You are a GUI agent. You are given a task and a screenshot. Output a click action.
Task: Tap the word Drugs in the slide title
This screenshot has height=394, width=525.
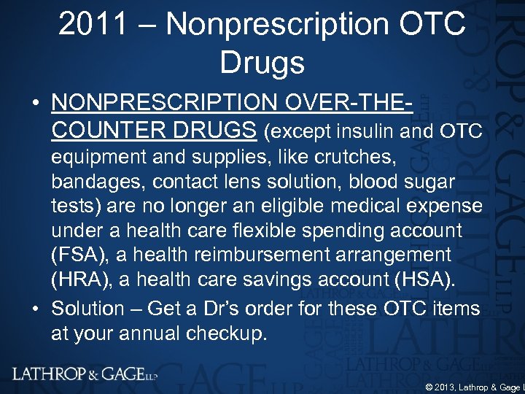(262, 63)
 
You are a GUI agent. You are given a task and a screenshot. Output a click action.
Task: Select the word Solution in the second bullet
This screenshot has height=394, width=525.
(87, 309)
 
